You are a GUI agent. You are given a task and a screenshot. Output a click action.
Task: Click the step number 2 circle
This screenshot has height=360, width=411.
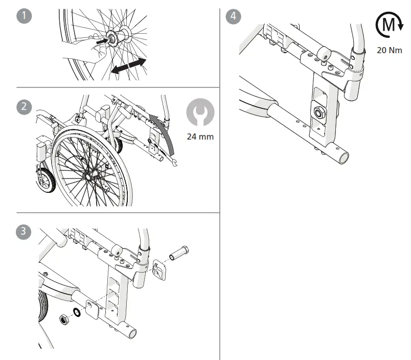point(24,107)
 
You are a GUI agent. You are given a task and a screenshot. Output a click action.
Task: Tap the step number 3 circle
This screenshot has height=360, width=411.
point(24,232)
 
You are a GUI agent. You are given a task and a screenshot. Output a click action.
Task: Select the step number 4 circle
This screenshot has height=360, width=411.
point(234,16)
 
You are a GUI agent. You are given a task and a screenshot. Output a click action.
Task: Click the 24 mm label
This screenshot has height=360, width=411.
point(200,137)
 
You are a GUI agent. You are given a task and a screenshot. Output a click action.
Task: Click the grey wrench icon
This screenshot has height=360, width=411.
point(200,112)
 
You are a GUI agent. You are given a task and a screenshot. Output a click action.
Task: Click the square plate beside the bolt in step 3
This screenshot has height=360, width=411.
point(158,269)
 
